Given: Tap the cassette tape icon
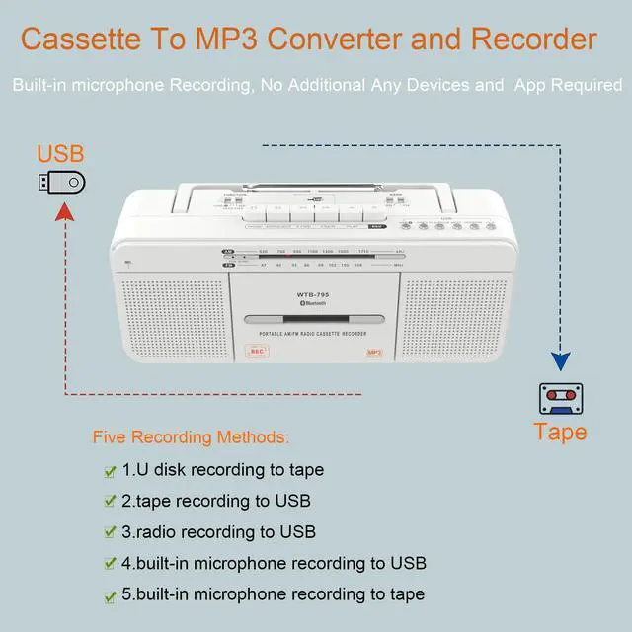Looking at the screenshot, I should (560, 399).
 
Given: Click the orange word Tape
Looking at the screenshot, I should (560, 432).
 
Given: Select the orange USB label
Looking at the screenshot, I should (60, 154).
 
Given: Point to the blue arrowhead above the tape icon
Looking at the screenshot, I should (560, 363).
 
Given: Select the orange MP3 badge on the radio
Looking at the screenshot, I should (374, 352).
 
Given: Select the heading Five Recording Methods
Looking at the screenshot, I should (192, 436).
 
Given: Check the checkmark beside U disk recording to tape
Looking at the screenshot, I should (109, 470).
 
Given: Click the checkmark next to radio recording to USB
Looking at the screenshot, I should (109, 533).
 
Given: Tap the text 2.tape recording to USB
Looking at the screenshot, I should (216, 501).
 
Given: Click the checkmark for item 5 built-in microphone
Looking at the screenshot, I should (109, 595).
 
